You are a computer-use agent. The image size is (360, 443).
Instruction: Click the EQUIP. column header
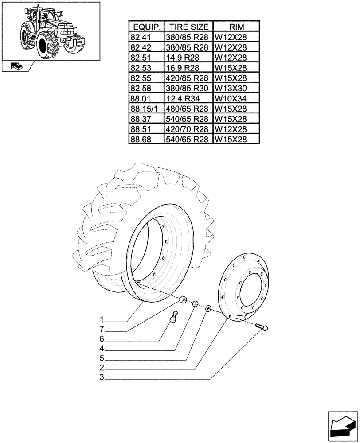tap(146, 26)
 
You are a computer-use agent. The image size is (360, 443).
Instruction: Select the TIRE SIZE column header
tap(188, 26)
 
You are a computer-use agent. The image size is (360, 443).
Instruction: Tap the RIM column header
tap(236, 26)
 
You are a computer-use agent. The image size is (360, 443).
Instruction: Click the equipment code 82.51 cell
tap(146, 57)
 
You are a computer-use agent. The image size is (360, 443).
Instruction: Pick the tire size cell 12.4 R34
tap(188, 98)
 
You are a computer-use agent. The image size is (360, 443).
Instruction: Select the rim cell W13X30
tap(236, 88)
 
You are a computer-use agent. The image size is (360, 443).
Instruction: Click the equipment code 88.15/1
tap(146, 109)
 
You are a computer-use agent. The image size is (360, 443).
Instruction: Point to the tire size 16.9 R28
tap(188, 67)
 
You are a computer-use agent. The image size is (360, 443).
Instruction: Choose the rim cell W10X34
tap(236, 98)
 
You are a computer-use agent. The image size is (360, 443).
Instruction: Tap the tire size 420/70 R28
tap(188, 129)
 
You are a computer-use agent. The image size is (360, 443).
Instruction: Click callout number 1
tap(102, 320)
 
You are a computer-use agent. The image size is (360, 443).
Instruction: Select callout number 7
tap(102, 330)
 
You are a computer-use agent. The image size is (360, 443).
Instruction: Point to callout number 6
tap(102, 339)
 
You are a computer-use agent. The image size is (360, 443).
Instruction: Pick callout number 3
tap(102, 378)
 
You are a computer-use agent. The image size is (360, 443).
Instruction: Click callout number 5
tap(102, 358)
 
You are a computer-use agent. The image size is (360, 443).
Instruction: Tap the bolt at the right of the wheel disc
tap(262, 327)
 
